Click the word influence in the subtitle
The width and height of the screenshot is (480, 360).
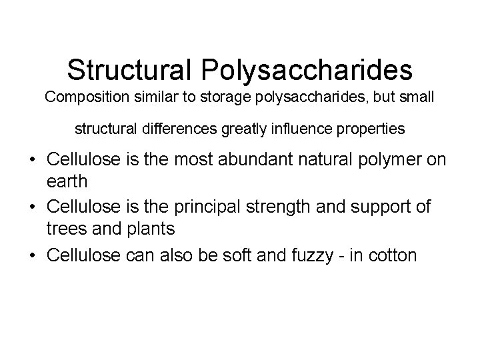[x=309, y=129]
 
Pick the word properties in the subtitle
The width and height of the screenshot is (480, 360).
[x=374, y=129]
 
